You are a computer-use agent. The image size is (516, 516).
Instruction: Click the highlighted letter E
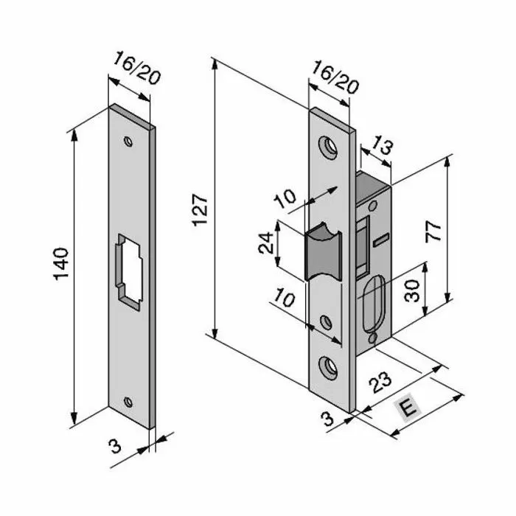(406, 408)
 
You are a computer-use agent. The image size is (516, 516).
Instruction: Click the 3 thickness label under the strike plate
(114, 445)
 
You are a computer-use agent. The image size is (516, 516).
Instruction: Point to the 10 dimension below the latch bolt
(288, 300)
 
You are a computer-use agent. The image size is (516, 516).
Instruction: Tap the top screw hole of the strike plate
(130, 139)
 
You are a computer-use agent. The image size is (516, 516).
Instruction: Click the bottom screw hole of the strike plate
(130, 402)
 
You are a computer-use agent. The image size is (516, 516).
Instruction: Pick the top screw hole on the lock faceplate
(329, 146)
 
